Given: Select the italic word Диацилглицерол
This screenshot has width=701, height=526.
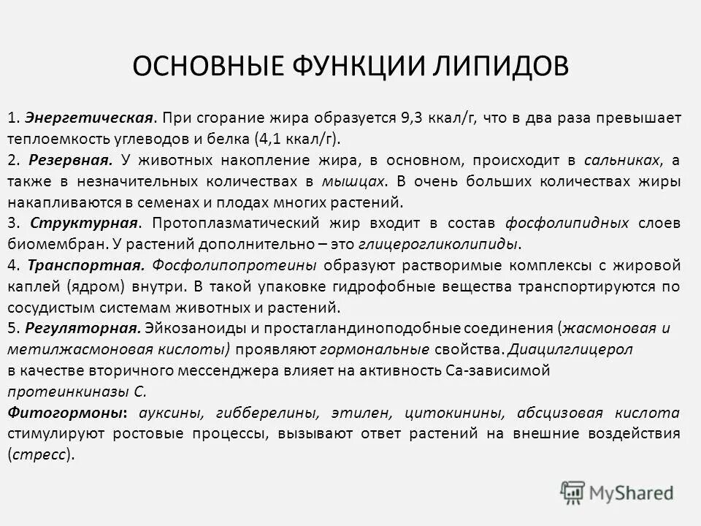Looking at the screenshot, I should (570, 348).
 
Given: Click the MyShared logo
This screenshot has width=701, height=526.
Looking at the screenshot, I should (616, 492).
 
